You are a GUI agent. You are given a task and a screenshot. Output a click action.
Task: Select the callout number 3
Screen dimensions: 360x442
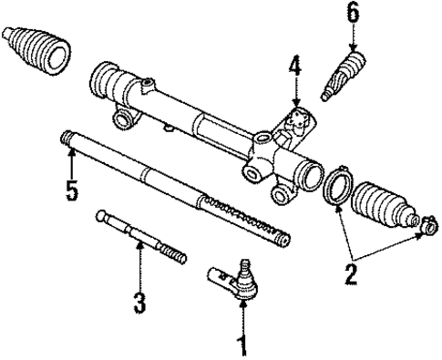click(139, 303)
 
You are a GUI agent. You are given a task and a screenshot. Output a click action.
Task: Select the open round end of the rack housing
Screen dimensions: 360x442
click(305, 172)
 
